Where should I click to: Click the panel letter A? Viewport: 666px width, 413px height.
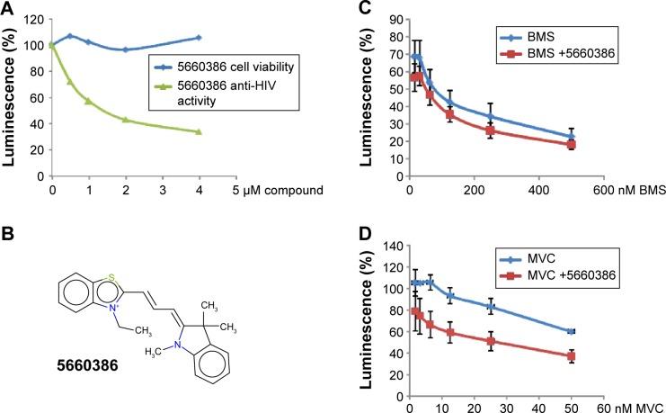click(x=8, y=8)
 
